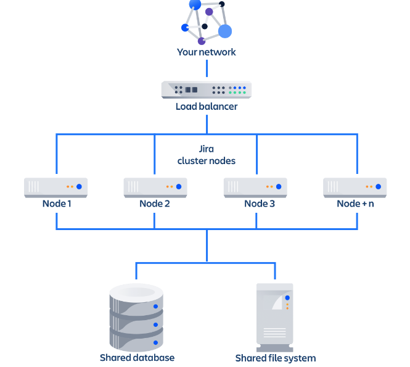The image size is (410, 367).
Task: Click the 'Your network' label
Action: coord(207,52)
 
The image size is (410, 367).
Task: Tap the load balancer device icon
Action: coord(207,89)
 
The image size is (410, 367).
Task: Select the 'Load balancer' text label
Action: coord(207,107)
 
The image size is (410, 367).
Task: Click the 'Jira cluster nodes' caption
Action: coord(207,155)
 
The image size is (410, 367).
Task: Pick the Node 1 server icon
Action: coord(55,188)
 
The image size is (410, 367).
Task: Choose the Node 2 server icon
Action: coord(155,188)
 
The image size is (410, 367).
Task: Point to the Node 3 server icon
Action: coord(255,188)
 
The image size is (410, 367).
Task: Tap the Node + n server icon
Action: coord(355,188)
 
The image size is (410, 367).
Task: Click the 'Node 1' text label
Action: coord(57,204)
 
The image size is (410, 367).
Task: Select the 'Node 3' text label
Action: coord(260,204)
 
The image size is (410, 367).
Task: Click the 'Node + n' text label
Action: coord(355,204)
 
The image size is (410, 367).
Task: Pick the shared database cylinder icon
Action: coord(136,318)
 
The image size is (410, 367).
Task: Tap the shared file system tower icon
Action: coord(275,318)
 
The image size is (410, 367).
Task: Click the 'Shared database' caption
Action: coord(137,358)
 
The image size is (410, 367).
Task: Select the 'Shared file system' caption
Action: coord(276,358)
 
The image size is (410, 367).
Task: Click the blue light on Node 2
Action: coord(179,186)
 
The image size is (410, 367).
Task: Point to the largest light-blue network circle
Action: coord(225,31)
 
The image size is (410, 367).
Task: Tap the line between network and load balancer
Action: coord(207,68)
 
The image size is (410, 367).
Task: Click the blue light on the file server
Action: coord(287,298)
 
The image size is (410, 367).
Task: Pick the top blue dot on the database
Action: coord(155,307)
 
